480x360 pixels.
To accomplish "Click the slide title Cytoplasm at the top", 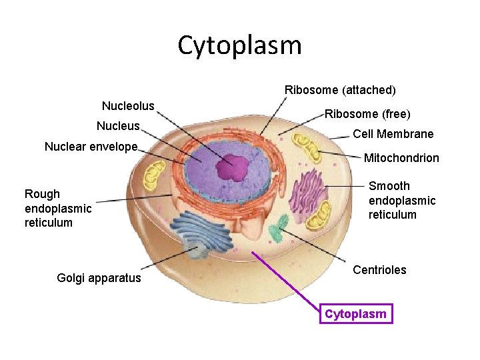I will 240,45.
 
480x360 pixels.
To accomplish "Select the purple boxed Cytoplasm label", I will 356,314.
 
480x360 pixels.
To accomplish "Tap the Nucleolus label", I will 128,106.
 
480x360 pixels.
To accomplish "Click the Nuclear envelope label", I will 91,147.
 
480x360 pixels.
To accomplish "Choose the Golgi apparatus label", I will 99,278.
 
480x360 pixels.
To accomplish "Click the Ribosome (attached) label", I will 340,89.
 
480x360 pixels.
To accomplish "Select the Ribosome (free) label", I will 367,114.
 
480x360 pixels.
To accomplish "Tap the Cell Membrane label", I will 393,134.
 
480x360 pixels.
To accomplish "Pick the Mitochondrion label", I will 401,158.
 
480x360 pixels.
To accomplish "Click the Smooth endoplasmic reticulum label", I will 402,200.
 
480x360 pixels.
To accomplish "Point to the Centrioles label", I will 379,270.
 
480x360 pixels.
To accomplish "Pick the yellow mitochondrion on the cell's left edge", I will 155,175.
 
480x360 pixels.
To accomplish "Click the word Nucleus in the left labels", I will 118,126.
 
